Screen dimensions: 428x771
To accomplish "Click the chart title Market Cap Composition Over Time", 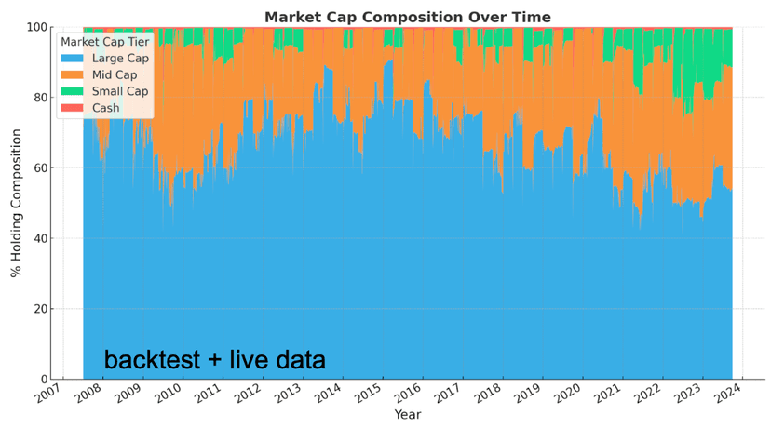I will click(x=420, y=17).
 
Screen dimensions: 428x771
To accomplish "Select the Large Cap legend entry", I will click(x=115, y=59).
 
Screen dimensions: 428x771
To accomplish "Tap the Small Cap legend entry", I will click(x=115, y=91).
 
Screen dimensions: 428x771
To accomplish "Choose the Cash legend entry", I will click(x=102, y=108).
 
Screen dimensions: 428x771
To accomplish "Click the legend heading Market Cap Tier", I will click(x=105, y=42).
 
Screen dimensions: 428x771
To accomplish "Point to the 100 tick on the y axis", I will click(x=40, y=27).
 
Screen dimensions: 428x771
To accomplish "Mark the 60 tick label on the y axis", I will click(x=44, y=168).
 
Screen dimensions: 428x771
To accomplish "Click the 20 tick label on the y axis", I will click(x=44, y=309).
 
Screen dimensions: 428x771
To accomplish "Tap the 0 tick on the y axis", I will click(x=48, y=380).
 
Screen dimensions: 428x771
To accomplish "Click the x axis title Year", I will click(x=408, y=415).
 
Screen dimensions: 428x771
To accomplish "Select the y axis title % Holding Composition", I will click(x=16, y=203).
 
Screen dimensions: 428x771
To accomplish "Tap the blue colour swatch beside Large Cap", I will click(x=71, y=59).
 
